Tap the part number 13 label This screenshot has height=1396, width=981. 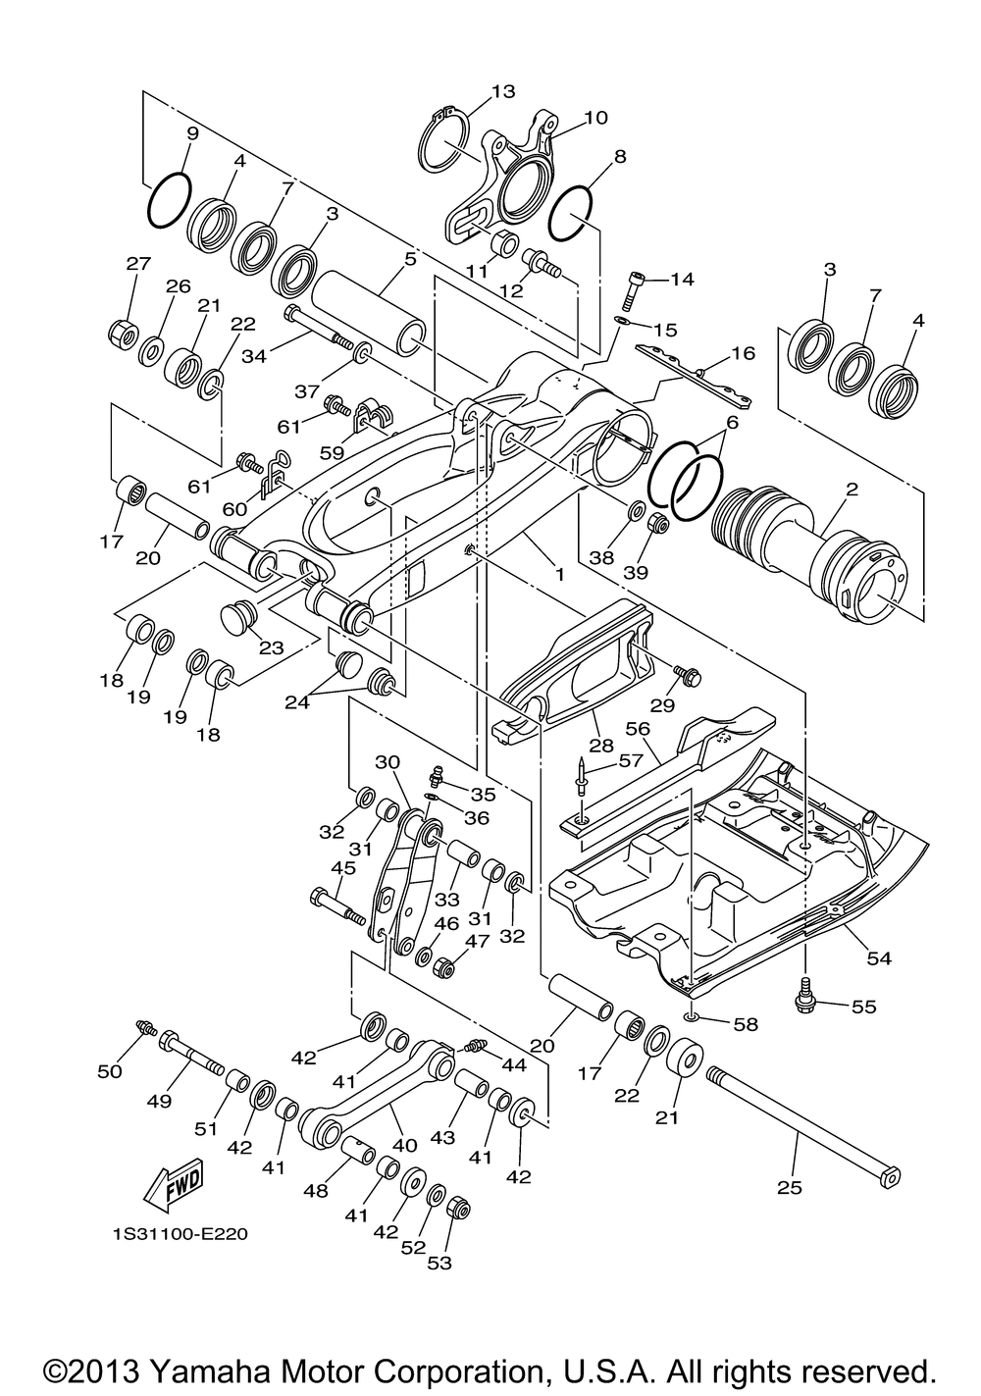point(503,91)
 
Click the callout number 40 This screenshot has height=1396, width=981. point(404,1145)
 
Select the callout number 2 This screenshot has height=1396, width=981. point(852,489)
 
